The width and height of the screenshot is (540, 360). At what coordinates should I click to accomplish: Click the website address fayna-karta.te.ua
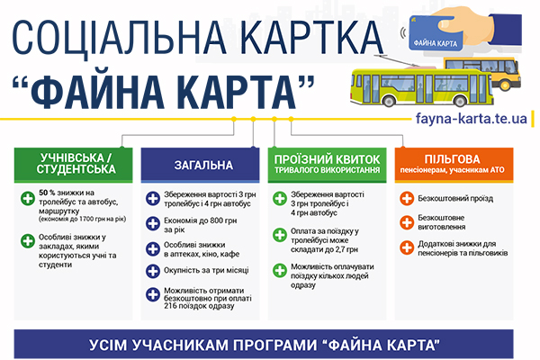click(x=471, y=118)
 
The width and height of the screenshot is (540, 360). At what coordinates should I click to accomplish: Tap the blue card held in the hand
click(x=436, y=32)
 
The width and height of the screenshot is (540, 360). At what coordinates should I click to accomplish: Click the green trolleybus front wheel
click(x=389, y=101)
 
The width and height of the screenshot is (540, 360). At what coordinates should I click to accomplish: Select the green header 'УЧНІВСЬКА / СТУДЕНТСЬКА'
click(x=74, y=165)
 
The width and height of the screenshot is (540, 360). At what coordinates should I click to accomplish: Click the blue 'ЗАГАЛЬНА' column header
click(x=200, y=165)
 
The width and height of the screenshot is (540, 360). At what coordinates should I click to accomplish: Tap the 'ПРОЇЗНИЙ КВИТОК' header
click(x=328, y=165)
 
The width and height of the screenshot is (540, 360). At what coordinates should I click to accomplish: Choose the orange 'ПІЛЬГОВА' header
click(x=454, y=165)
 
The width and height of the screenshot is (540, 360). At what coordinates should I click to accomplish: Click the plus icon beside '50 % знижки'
click(x=28, y=198)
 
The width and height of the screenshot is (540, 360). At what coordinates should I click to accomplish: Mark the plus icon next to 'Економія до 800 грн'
click(x=153, y=223)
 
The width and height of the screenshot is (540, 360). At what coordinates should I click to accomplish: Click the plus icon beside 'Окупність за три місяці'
click(x=153, y=271)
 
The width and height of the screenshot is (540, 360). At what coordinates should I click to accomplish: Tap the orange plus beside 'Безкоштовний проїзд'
click(x=407, y=198)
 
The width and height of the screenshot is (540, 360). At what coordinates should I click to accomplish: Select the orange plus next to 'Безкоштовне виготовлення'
click(x=407, y=222)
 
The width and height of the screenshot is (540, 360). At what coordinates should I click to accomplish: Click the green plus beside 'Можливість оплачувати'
click(x=280, y=270)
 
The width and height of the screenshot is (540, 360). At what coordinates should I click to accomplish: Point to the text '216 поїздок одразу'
click(x=199, y=306)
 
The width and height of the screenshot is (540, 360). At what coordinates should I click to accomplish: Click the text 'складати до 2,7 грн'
click(x=324, y=249)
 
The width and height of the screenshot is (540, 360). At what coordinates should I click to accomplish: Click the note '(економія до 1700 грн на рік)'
click(x=82, y=219)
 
